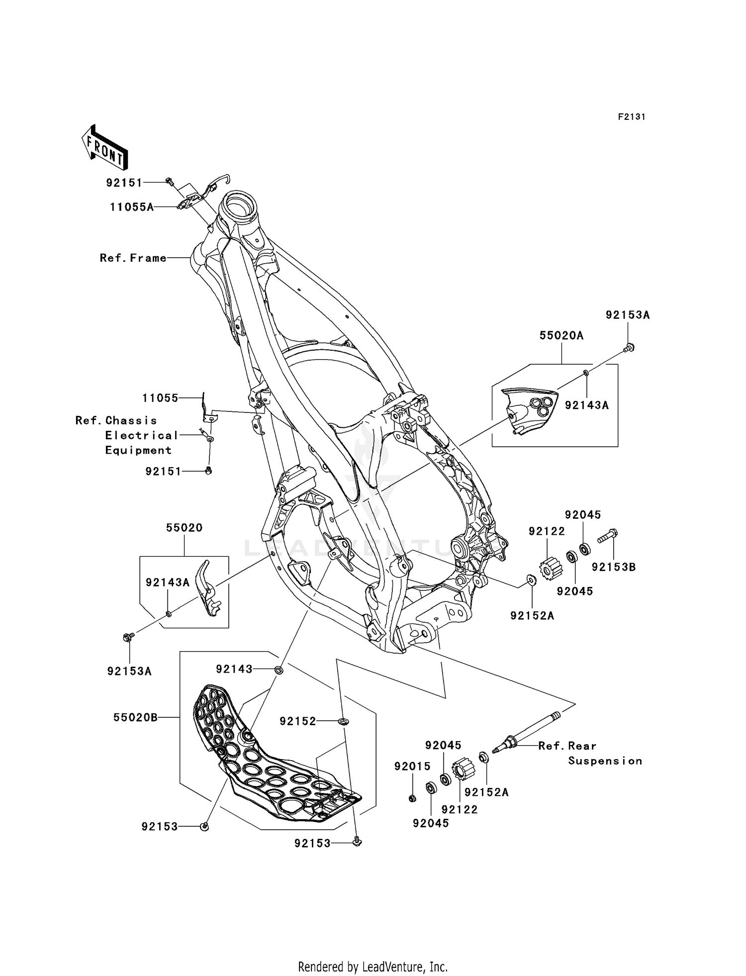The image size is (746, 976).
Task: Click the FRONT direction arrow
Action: tap(104, 149)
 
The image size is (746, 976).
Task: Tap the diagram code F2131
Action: tap(631, 117)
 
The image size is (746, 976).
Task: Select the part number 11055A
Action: tap(132, 207)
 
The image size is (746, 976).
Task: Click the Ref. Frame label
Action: tap(133, 258)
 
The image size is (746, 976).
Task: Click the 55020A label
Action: tap(561, 336)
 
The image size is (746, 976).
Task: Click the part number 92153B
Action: tap(613, 567)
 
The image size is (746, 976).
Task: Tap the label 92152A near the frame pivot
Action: tap(532, 616)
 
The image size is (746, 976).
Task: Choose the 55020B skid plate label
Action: tap(135, 717)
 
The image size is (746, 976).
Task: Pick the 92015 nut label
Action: tap(412, 767)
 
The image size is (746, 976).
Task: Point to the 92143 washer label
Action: tap(234, 670)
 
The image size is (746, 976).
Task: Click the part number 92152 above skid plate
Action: tap(297, 721)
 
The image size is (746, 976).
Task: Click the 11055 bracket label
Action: tap(160, 398)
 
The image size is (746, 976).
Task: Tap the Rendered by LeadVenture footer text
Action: tap(373, 967)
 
